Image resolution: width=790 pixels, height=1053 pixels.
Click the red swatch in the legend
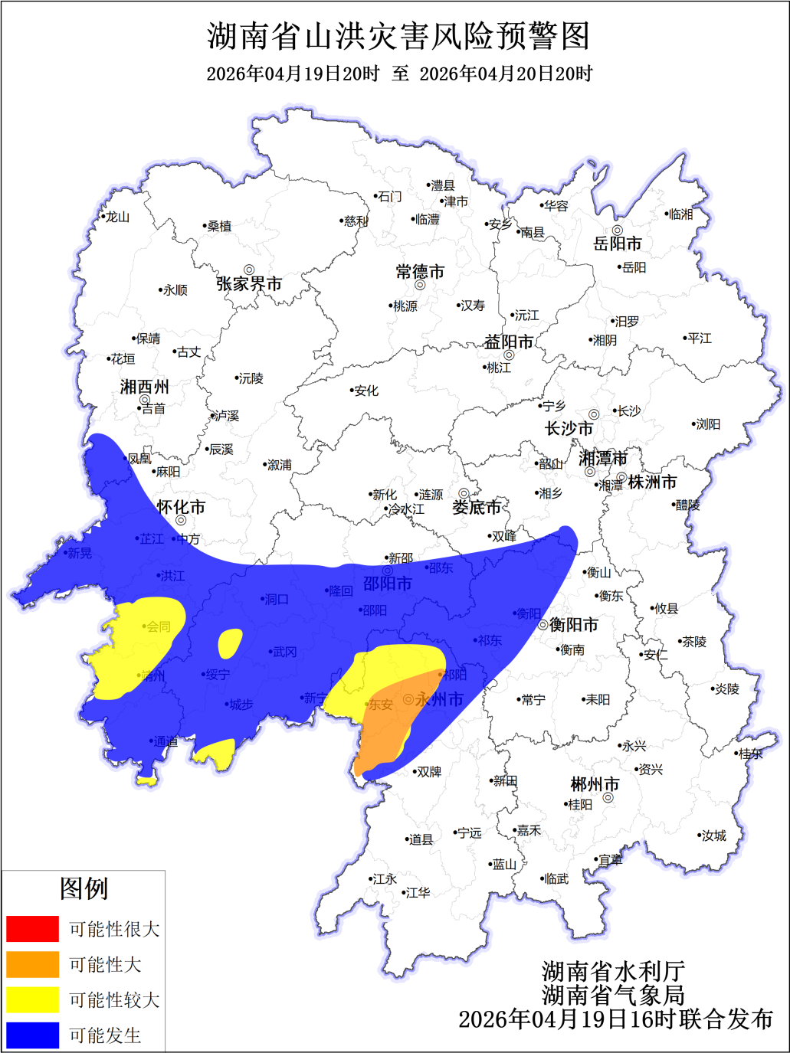click(32, 928)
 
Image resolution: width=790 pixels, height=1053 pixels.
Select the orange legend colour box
click(32, 964)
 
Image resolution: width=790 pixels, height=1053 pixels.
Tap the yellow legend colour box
click(32, 999)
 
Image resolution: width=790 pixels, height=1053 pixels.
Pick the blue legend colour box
click(32, 1035)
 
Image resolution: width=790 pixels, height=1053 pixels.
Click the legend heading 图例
click(84, 888)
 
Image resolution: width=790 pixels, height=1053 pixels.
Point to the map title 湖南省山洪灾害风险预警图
click(398, 36)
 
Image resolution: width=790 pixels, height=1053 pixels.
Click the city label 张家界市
click(249, 284)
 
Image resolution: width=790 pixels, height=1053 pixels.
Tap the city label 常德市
click(420, 272)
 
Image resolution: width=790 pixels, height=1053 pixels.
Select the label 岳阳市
click(618, 244)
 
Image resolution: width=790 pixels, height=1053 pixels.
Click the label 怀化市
click(181, 507)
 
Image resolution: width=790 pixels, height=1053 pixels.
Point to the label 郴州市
click(595, 784)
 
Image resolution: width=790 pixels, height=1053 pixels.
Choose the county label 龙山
click(117, 217)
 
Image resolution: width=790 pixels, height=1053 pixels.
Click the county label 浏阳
click(707, 424)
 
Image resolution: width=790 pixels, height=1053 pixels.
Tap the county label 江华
click(418, 893)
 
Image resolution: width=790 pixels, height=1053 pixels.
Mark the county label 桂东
click(751, 754)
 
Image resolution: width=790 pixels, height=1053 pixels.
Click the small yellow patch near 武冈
click(230, 643)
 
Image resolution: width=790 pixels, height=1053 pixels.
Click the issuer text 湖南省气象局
click(613, 995)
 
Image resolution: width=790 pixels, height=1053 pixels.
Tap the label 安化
click(366, 391)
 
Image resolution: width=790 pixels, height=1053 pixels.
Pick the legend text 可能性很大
click(114, 929)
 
